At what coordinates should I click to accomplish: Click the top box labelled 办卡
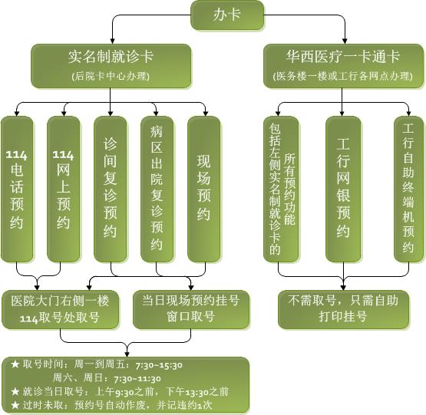[x=227, y=15]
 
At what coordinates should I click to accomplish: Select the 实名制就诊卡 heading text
[x=111, y=57]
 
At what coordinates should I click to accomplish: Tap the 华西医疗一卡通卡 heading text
[x=343, y=57]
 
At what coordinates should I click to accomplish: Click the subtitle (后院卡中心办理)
[x=111, y=76]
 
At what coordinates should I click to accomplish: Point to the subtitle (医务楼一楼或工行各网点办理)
[x=343, y=76]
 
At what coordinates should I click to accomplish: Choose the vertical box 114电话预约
[x=17, y=189]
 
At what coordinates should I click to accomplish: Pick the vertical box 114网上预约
[x=63, y=189]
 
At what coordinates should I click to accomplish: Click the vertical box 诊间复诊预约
[x=110, y=189]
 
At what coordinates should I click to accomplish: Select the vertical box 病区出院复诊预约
[x=157, y=189]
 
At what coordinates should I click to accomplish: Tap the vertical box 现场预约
[x=203, y=189]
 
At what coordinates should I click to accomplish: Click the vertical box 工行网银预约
[x=343, y=189]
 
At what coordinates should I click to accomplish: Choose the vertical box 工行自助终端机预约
[x=408, y=189]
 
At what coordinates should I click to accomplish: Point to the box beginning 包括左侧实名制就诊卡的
[x=281, y=189]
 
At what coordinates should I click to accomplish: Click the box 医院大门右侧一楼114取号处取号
[x=61, y=310]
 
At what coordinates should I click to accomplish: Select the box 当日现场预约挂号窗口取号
[x=191, y=310]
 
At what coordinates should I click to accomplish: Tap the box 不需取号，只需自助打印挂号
[x=343, y=310]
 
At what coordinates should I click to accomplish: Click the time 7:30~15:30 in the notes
[x=159, y=365]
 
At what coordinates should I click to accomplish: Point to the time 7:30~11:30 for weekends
[x=137, y=379]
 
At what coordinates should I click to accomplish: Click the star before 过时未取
[x=15, y=405]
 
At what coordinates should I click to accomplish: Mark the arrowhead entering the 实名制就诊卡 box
[x=112, y=41]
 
